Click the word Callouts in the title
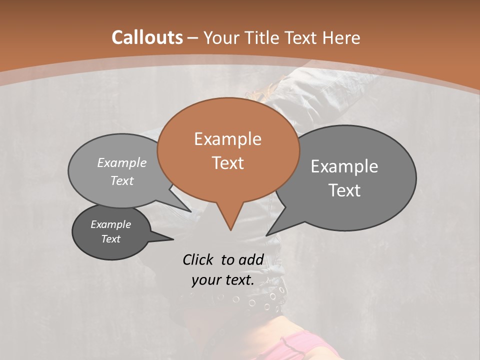pyautogui.click(x=147, y=37)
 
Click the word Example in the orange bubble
pyautogui.click(x=227, y=139)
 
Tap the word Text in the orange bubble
pyautogui.click(x=227, y=163)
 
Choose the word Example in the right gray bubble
pyautogui.click(x=344, y=166)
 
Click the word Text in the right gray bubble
pyautogui.click(x=344, y=190)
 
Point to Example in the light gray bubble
pyautogui.click(x=122, y=163)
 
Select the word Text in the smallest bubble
pyautogui.click(x=111, y=239)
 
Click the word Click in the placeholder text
pyautogui.click(x=199, y=259)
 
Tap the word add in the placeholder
pyautogui.click(x=251, y=259)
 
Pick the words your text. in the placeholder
pyautogui.click(x=223, y=280)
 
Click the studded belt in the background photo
pyautogui.click(x=250, y=300)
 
